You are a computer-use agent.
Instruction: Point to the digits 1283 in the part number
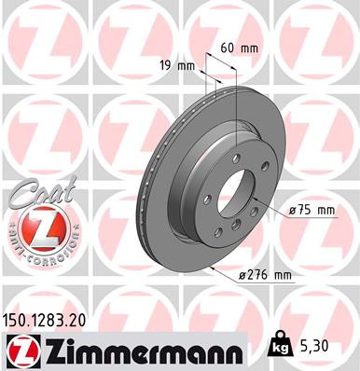(49, 319)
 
